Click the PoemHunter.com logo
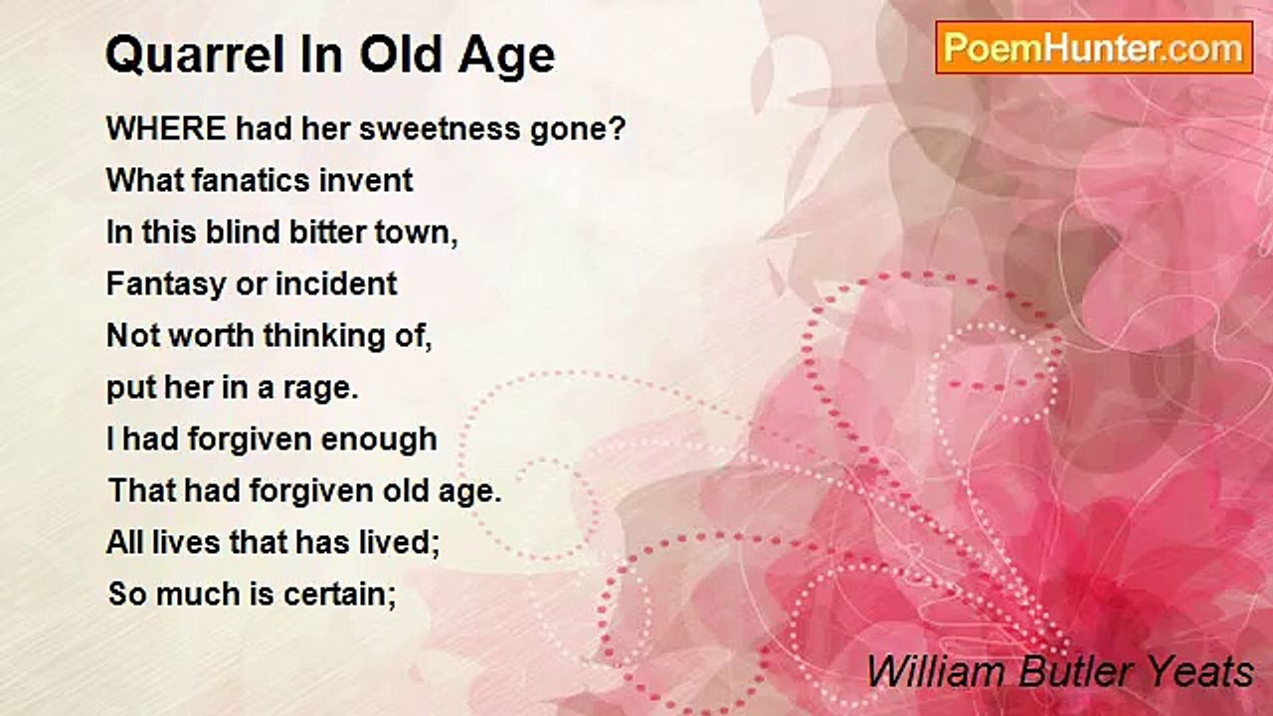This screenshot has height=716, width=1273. (x=1094, y=48)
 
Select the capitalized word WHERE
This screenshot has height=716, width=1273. (x=166, y=128)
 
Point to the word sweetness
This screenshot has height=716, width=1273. (x=440, y=128)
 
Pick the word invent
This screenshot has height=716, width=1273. (x=365, y=180)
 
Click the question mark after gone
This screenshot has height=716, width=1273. (x=619, y=128)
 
